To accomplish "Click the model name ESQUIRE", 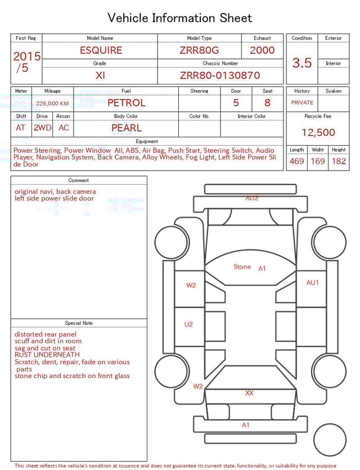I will pos(101,50).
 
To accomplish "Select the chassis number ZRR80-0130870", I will pos(220,75).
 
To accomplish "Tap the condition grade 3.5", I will pos(302,63).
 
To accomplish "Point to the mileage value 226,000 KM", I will pos(52,104).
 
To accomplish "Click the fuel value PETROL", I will pos(126,103).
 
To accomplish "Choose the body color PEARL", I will pos(126,128).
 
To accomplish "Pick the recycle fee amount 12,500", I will pos(318,132).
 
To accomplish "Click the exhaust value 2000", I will pos(262,50).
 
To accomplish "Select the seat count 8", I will pos(267,103).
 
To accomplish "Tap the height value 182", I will pos(339,162).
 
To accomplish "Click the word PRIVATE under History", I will pos(302,102).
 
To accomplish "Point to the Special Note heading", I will pos(79,323).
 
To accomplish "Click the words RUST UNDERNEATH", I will pos(47,355).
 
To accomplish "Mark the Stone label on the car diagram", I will pos(242,267).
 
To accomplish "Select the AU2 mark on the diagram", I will pos(251,198).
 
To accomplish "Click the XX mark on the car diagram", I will pos(249,393).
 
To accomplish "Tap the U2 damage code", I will pos(188,324).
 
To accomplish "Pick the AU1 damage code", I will pos(312,283).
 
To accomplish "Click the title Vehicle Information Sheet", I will pos(180,18).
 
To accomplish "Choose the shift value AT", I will pos(21,128).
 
